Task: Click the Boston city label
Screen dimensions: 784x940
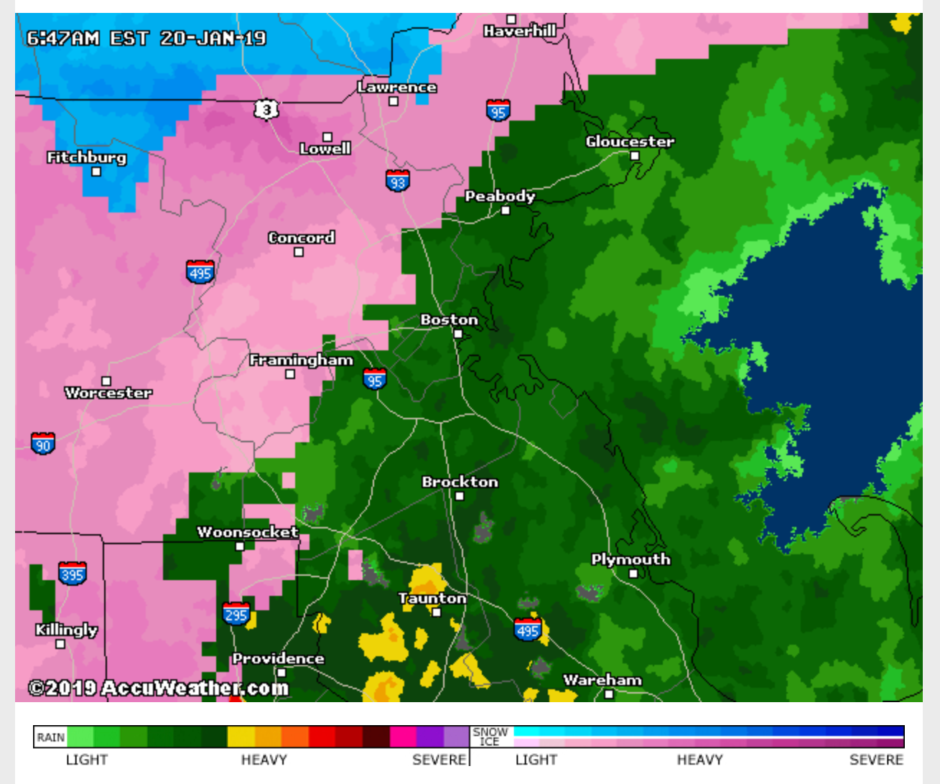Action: [x=449, y=319]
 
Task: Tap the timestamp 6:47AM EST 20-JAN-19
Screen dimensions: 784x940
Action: [x=146, y=38]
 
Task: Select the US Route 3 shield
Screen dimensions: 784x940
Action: [x=266, y=109]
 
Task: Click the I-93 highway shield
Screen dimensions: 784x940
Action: [x=397, y=181]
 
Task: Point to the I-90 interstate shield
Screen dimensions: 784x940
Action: [x=43, y=444]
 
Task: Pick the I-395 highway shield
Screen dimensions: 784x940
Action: [x=73, y=574]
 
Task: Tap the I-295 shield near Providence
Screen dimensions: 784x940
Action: [x=236, y=613]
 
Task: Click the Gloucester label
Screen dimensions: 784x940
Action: [x=630, y=141]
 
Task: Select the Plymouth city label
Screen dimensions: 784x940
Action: [x=630, y=559]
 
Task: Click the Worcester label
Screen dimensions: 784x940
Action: [x=108, y=393]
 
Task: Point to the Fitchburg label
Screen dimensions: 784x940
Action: [x=86, y=157]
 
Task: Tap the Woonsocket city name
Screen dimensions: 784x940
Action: [x=248, y=532]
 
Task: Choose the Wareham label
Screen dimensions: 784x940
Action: [x=602, y=680]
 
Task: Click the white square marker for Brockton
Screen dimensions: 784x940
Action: [x=460, y=496]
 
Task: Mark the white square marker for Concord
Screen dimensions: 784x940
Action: [x=299, y=252]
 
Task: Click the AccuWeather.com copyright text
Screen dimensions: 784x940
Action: [x=158, y=688]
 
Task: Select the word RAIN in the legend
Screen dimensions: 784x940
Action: [x=51, y=737]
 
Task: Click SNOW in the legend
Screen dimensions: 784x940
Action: [x=490, y=732]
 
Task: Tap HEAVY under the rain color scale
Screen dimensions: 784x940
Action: [x=264, y=760]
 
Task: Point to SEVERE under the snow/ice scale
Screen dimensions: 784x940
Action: [x=875, y=760]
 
